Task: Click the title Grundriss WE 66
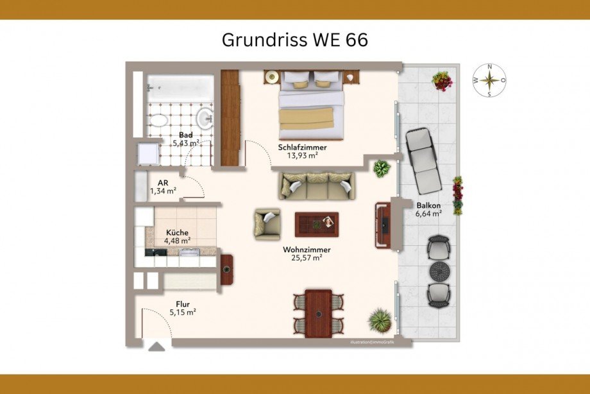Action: click(294, 40)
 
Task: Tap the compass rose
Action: click(489, 80)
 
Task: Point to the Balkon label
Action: click(428, 205)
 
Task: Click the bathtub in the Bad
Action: click(179, 88)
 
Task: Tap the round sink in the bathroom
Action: click(205, 117)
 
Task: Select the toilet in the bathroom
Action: click(157, 120)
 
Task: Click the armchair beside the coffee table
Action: click(267, 224)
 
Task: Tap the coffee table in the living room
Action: click(316, 223)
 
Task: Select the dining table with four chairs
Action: click(319, 313)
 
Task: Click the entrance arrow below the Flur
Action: click(156, 347)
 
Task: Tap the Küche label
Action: click(177, 232)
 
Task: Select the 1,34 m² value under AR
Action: click(162, 191)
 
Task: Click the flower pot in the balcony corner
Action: click(441, 80)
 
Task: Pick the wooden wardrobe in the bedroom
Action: click(230, 117)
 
